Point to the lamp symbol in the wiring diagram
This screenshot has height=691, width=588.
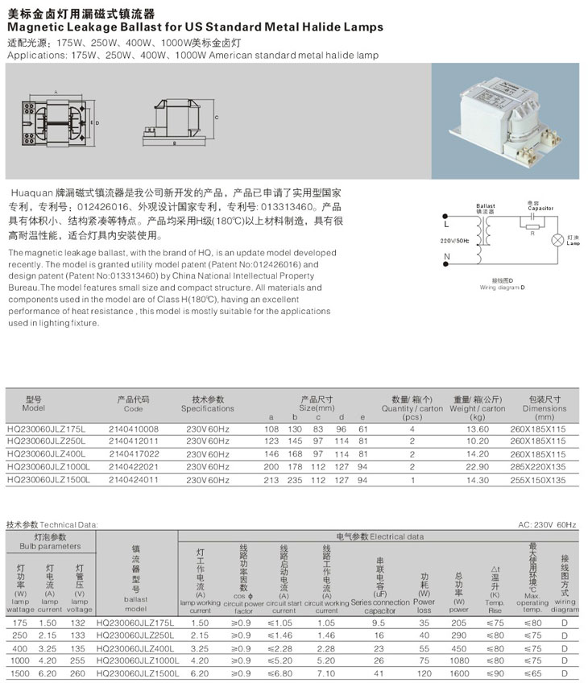pos(557,240)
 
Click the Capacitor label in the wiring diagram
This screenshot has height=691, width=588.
pos(540,207)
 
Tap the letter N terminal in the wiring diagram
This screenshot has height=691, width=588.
pos(445,259)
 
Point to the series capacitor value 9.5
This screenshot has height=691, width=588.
pos(379,623)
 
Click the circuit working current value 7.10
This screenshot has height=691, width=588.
pos(325,672)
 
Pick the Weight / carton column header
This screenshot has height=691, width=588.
pos(478,408)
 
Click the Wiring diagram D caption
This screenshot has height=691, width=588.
pos(502,287)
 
